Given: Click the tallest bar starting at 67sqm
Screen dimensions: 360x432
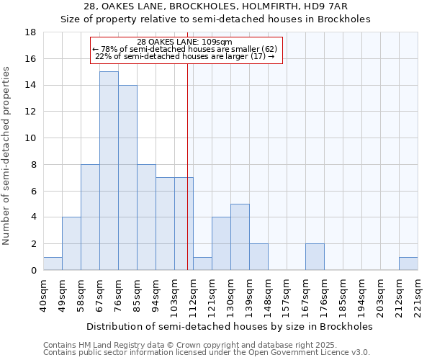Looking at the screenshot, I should coord(109,171).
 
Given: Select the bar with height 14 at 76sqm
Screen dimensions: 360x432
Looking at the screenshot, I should coord(127,177).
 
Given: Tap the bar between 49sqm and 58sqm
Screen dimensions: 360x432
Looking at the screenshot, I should coord(71,243).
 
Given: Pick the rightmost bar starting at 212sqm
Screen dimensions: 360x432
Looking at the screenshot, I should coord(408,264).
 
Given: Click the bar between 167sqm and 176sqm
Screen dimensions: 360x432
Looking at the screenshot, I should coord(315,257).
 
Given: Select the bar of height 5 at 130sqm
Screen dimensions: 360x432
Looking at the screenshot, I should coord(240,237).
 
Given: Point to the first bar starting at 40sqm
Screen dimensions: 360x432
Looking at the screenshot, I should coord(53,264).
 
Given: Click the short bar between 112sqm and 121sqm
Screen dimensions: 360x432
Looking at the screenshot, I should coord(202,264).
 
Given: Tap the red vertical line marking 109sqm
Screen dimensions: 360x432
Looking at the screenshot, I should coord(187,180).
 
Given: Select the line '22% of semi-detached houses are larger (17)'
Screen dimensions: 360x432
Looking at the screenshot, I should coord(184,56).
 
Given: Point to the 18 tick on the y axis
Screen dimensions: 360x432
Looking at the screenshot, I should coord(31,32).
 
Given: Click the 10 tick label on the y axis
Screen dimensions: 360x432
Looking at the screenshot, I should coord(31,138).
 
